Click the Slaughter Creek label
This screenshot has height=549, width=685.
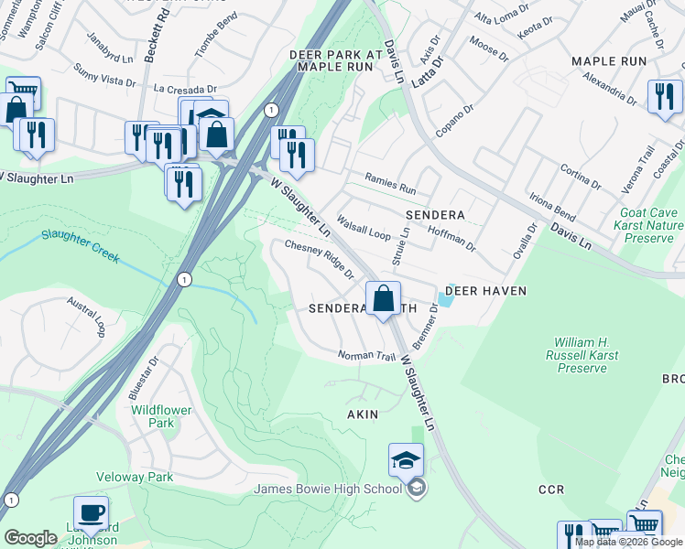[x=80, y=246]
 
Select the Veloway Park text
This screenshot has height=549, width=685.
[x=135, y=478]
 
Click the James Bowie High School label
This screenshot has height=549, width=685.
[x=328, y=488]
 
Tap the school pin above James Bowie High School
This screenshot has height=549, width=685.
[x=406, y=459]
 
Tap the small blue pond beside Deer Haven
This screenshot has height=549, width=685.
[x=446, y=299]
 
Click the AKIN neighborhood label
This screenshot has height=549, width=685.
[x=362, y=414]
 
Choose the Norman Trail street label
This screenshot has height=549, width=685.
[x=366, y=355]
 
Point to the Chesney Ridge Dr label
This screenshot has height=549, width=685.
[x=320, y=259]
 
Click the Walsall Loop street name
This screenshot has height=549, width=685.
[x=364, y=226]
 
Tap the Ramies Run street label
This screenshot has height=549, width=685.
[x=390, y=184]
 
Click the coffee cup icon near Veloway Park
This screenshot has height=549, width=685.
[x=91, y=512]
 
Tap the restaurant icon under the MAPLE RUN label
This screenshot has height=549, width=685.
[x=665, y=97]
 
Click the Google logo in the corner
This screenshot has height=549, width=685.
[x=30, y=538]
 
